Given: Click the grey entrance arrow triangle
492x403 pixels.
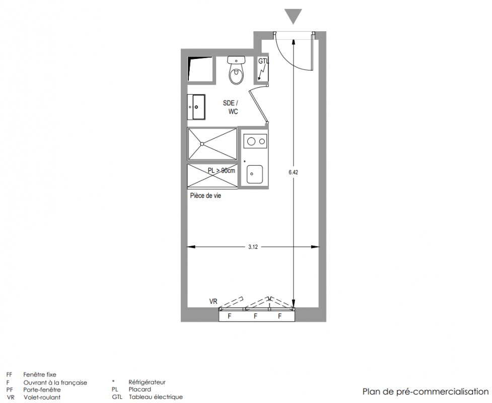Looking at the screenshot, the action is click(x=293, y=16).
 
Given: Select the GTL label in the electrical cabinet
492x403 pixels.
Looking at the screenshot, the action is click(x=263, y=61).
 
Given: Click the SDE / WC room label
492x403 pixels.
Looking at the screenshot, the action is click(x=231, y=107).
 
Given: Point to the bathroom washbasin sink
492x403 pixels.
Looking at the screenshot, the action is click(x=196, y=107).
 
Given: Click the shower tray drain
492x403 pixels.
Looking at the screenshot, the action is click(x=202, y=144).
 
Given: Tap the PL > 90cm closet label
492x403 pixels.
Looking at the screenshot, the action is click(x=221, y=170).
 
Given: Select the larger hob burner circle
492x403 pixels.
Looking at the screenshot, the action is click(x=251, y=141).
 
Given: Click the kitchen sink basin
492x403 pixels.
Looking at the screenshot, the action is click(x=254, y=174).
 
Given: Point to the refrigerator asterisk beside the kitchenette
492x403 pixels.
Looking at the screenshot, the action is click(x=245, y=162).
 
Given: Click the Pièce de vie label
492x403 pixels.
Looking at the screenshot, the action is click(x=205, y=195).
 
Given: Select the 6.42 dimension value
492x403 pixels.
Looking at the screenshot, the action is click(x=294, y=172).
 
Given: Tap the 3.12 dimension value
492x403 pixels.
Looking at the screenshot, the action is click(x=253, y=247).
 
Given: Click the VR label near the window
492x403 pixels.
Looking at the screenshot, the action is click(x=214, y=302).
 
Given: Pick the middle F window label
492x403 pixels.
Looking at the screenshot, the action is click(x=255, y=316).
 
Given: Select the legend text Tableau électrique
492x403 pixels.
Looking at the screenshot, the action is click(x=156, y=397).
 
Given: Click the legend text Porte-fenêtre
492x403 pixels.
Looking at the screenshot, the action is click(x=42, y=390).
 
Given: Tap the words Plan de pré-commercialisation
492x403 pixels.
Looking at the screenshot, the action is click(x=426, y=392).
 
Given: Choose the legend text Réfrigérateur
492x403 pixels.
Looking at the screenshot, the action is click(x=147, y=382).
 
